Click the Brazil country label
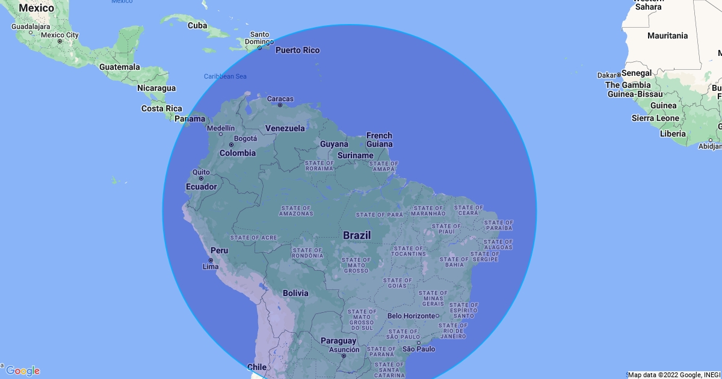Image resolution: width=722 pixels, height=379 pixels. [x=357, y=235]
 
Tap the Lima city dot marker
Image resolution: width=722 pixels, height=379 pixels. [x=211, y=260]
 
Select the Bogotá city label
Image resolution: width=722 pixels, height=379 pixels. [x=245, y=138]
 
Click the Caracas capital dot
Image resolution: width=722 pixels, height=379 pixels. [x=280, y=105]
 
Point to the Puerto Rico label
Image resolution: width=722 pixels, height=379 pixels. [x=297, y=50]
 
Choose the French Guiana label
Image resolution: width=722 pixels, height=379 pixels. [x=379, y=140]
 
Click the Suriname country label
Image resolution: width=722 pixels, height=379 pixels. [x=355, y=155]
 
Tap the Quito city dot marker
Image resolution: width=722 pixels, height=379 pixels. [x=201, y=178]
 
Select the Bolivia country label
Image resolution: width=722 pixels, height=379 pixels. [x=295, y=293]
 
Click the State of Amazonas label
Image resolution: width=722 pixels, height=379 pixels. [x=296, y=211]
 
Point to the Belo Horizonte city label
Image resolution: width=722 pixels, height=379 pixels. [x=411, y=316]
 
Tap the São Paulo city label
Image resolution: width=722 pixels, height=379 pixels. [x=419, y=349]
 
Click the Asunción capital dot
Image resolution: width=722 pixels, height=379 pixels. [x=344, y=356]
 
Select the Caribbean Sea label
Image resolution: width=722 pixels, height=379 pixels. [x=225, y=76]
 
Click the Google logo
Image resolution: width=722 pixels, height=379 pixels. [x=23, y=371]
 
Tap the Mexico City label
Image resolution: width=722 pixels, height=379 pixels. [x=60, y=35]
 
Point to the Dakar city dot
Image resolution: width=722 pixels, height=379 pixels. [x=619, y=75]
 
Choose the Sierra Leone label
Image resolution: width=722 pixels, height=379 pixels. [x=655, y=119]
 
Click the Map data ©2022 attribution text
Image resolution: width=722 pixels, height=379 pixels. [x=674, y=375]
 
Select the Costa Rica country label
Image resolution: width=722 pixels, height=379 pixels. [x=161, y=108]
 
